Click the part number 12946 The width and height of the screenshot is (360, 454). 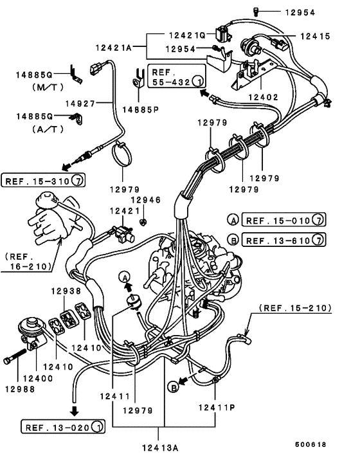pyautogui.click(x=151, y=200)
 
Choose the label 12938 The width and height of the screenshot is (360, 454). pyautogui.click(x=67, y=291)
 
